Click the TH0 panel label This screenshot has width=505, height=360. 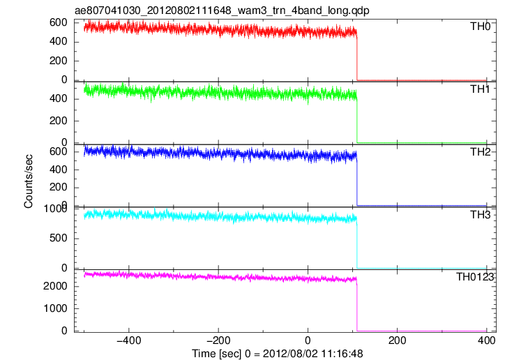click(480, 27)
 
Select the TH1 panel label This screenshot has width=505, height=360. click(480, 89)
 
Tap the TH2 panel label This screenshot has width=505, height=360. click(480, 152)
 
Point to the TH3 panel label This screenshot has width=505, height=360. click(480, 215)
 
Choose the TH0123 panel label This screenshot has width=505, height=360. click(475, 277)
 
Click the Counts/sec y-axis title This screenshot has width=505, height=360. click(29, 181)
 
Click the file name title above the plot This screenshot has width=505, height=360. click(222, 10)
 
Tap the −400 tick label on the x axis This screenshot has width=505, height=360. click(128, 340)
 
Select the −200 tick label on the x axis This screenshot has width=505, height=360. click(218, 340)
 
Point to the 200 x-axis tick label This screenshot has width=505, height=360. click(397, 340)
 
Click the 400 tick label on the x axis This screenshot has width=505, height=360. click(486, 340)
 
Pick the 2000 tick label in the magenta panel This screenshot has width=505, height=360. click(55, 286)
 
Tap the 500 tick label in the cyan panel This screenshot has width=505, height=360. click(58, 239)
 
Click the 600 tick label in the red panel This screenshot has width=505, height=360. click(58, 22)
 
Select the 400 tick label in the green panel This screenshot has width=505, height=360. click(58, 98)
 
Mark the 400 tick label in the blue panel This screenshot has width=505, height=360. click(58, 170)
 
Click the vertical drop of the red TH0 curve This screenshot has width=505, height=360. click(357, 57)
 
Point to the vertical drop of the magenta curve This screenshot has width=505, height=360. click(357, 304)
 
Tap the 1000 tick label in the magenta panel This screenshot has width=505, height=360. click(55, 308)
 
